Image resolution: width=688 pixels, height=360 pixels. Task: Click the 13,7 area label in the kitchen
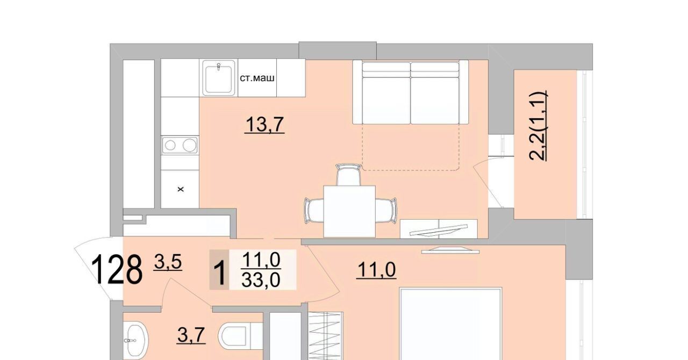264,125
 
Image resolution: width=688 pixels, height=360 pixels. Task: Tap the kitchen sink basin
218,78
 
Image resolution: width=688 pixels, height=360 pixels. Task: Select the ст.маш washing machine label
257,78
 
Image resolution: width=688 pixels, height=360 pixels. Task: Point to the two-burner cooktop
180,145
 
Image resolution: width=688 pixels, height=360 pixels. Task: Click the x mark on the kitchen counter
181,189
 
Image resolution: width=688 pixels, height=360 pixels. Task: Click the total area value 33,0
261,280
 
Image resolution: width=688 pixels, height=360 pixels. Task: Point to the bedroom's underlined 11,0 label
376,270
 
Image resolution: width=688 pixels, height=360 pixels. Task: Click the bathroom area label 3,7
191,335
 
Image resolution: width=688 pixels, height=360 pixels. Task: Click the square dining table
349,211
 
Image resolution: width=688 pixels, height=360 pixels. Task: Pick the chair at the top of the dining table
348,175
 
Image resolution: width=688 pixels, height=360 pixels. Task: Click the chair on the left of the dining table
314,211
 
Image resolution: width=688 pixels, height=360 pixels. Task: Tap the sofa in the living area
411,92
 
